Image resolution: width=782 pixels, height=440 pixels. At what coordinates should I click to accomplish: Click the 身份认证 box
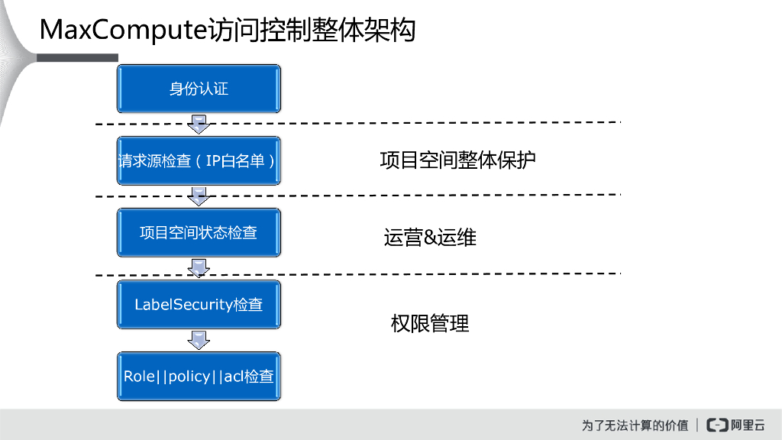coord(199,89)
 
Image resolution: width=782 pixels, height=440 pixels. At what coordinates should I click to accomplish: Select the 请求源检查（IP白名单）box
coord(199,160)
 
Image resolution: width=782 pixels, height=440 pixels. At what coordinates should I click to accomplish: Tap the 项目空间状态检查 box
coord(199,232)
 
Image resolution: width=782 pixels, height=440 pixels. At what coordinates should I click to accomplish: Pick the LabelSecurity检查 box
coord(199,304)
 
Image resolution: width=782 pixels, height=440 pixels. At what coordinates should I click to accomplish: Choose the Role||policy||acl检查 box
coord(199,376)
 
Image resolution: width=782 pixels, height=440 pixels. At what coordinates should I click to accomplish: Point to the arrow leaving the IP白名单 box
coord(199,196)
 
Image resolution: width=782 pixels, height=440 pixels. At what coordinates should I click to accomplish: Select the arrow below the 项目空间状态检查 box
coord(199,268)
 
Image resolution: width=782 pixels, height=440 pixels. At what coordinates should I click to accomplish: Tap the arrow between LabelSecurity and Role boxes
coord(199,340)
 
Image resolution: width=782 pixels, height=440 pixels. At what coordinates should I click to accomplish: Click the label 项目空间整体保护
coord(457,160)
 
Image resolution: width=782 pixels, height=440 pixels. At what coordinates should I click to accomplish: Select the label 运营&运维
coord(430,238)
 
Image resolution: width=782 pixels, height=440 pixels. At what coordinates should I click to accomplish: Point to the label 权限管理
coord(430,324)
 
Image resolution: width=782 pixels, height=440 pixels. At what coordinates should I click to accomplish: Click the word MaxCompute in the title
coord(122,31)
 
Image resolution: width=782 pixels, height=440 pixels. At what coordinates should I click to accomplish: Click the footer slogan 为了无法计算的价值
coord(635,425)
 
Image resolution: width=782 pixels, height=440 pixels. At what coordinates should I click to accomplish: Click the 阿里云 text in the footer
coord(748,425)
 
